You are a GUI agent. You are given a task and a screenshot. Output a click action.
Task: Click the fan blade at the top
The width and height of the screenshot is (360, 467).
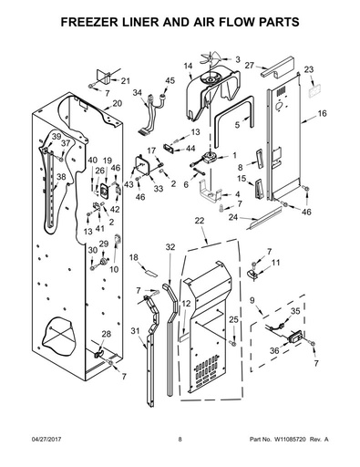(x=210, y=58)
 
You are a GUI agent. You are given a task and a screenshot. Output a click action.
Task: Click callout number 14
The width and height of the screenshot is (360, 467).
(x=188, y=66)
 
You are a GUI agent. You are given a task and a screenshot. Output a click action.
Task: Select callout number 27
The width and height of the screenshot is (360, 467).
(x=249, y=65)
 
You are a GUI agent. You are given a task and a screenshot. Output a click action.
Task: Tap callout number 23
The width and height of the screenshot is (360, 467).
(x=309, y=69)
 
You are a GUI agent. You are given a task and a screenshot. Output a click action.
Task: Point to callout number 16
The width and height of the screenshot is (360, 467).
(x=322, y=114)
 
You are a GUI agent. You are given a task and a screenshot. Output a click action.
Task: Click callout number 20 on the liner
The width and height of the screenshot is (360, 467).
(x=117, y=103)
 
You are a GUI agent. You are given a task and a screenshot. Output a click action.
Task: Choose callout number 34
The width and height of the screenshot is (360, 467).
(x=138, y=93)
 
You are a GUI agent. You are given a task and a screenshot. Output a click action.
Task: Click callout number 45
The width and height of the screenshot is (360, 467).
(x=170, y=80)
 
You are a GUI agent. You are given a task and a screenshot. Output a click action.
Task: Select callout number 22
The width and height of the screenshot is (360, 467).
(x=200, y=221)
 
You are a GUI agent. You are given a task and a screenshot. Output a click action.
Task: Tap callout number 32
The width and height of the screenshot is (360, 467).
(x=170, y=247)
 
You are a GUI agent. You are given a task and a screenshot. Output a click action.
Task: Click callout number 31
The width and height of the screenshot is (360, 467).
(x=136, y=330)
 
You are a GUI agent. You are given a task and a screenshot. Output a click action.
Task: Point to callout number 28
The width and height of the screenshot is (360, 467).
(x=106, y=334)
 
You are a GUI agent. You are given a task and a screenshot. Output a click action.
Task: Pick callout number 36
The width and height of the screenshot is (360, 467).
(x=274, y=350)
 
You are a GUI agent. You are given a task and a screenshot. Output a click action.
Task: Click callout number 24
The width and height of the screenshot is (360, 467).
(x=233, y=218)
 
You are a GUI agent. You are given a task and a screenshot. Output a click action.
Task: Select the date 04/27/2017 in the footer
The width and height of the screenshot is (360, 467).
(x=46, y=440)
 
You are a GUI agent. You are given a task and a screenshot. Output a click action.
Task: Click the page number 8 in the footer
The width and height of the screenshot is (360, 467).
(x=180, y=440)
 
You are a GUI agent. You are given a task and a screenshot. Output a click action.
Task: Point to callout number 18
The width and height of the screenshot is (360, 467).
(x=134, y=257)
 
